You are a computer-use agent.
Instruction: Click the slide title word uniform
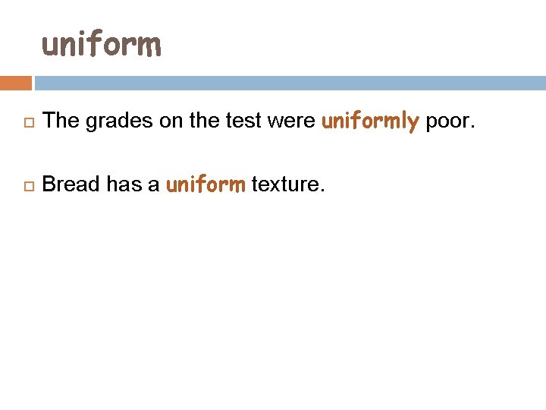click(102, 45)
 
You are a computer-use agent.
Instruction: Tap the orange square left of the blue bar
click(16, 83)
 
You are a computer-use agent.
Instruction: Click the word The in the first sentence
click(61, 120)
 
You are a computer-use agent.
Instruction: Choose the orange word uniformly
click(370, 121)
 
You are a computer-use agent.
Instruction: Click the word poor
click(447, 121)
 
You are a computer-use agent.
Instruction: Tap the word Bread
click(71, 184)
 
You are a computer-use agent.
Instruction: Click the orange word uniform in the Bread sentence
click(205, 184)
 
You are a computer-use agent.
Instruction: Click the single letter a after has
click(153, 184)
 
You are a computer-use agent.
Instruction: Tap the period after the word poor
click(472, 126)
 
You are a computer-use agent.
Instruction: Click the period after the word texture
click(322, 190)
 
